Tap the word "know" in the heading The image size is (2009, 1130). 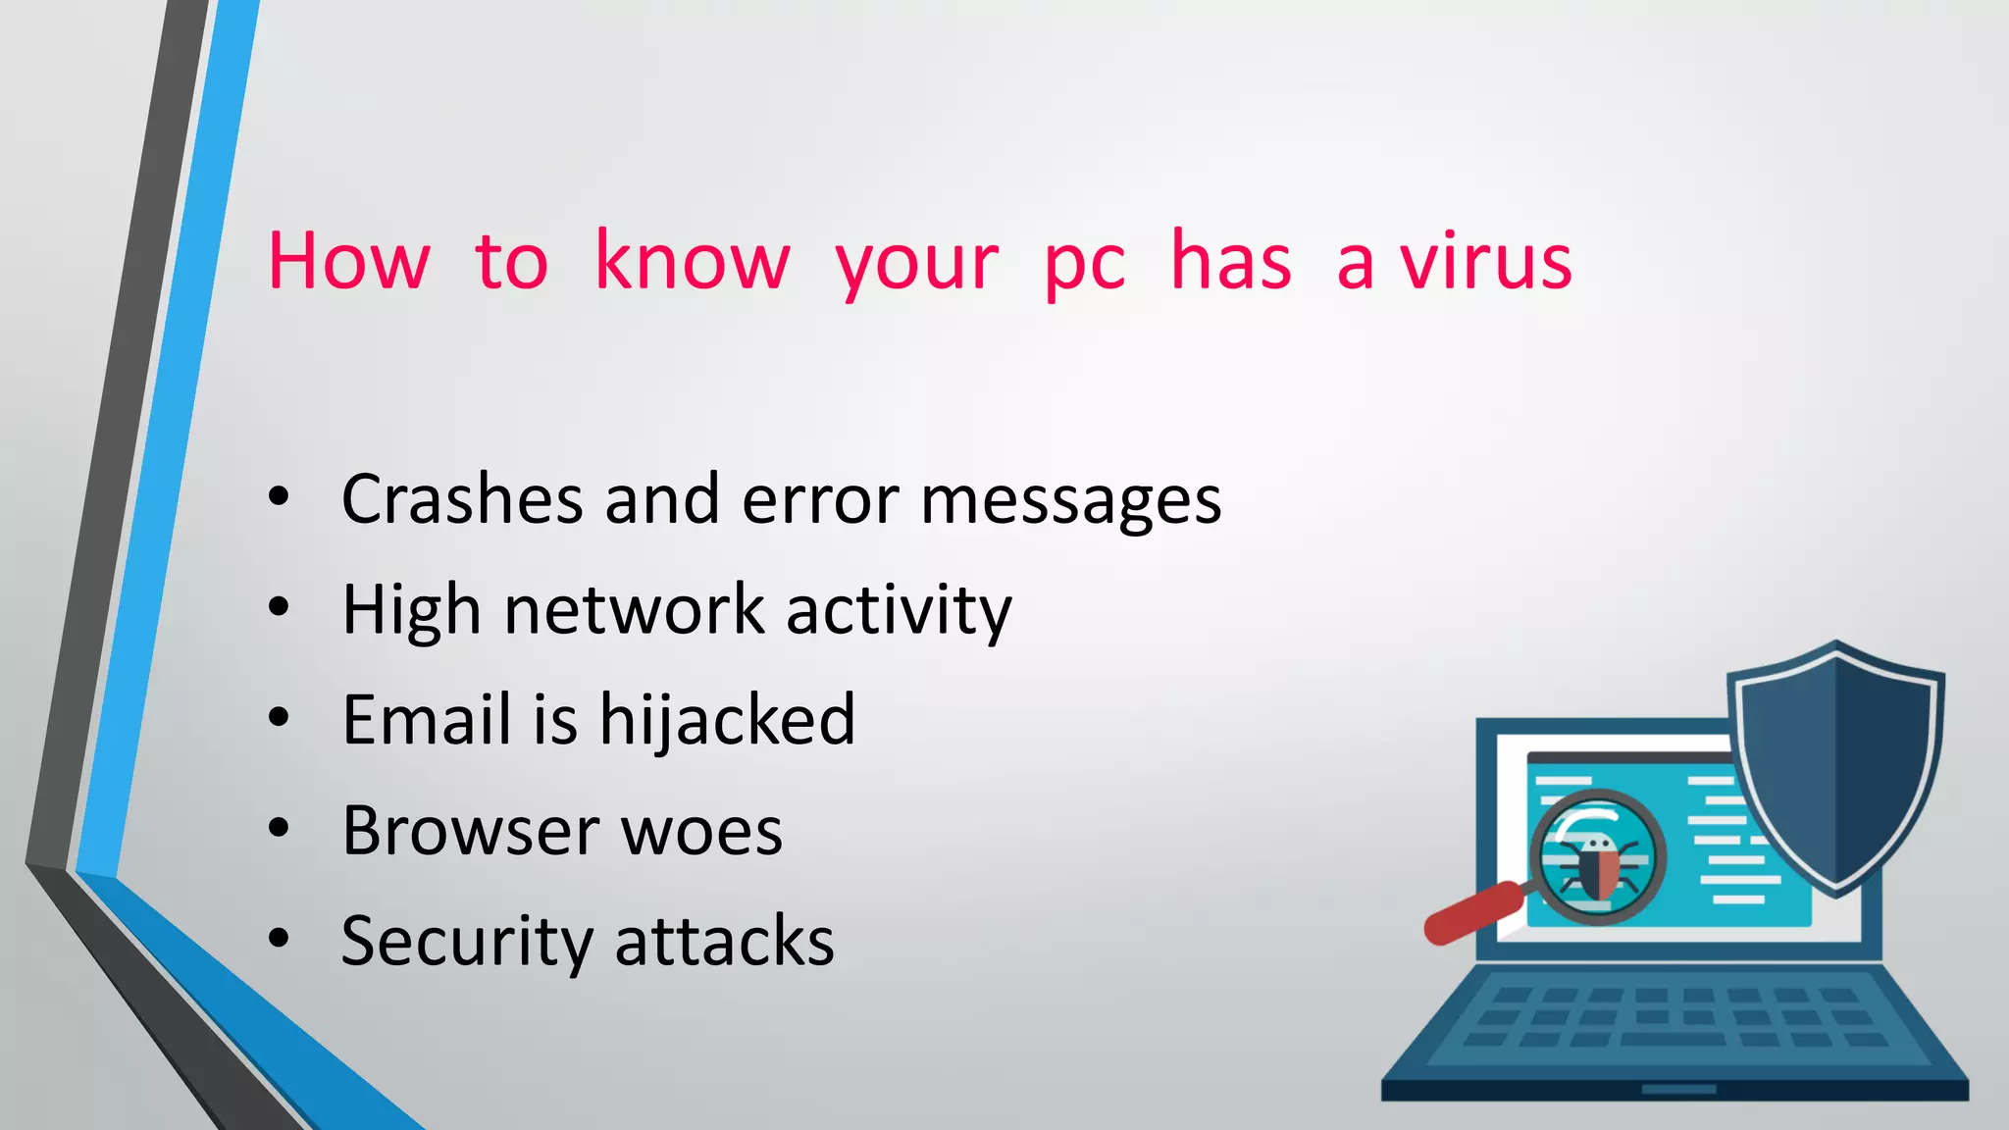(x=692, y=262)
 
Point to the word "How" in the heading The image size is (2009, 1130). (x=348, y=262)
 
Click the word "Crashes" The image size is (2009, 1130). (x=461, y=499)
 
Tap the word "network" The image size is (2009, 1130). (x=633, y=610)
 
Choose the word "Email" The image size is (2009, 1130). (x=427, y=719)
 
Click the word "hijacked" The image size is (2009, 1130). (x=727, y=721)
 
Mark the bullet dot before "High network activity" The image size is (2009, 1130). (x=279, y=607)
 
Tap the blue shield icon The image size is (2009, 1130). (x=1835, y=765)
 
